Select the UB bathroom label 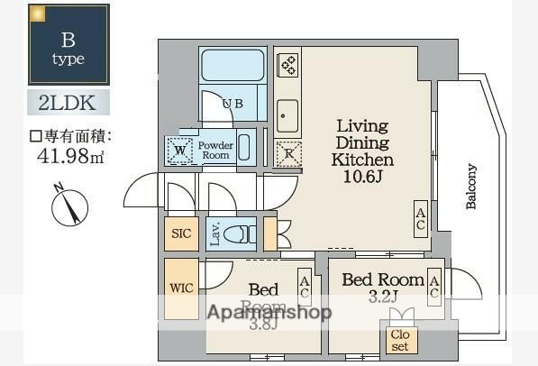tap(233, 104)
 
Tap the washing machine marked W tap(179, 151)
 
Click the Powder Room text tap(216, 151)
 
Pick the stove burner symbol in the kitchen tap(288, 65)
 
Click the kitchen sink tap(287, 114)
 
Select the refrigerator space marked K tap(288, 152)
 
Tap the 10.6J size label tap(362, 176)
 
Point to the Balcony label tap(470, 187)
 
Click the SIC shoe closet tap(181, 233)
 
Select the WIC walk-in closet tap(181, 289)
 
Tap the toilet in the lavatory tap(238, 234)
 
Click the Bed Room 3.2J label tap(383, 287)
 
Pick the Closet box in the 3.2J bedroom tap(399, 338)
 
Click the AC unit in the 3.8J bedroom tap(305, 288)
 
